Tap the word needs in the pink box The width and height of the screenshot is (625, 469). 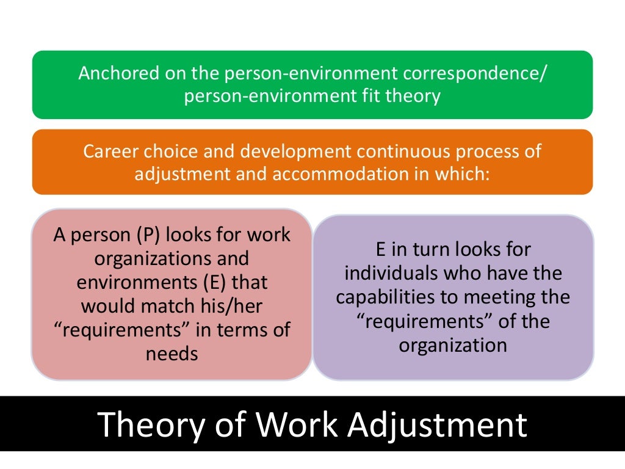pyautogui.click(x=172, y=354)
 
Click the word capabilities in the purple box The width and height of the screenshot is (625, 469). pyautogui.click(x=388, y=297)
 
